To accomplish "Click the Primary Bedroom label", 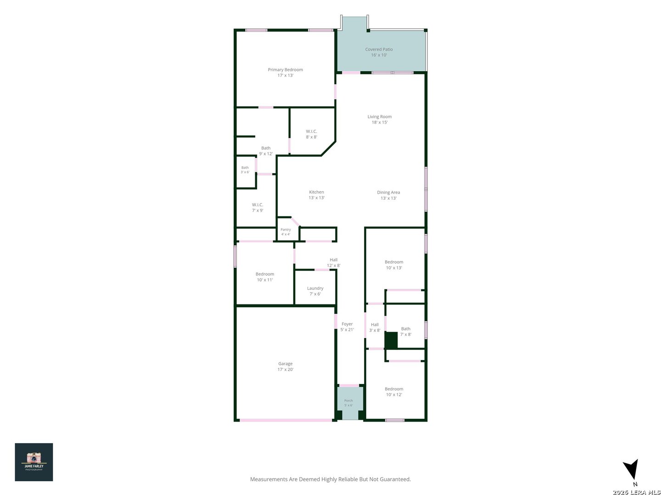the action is [285, 72].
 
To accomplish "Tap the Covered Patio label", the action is [379, 52].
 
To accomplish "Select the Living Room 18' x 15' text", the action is [380, 119].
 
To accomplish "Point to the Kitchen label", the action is [316, 195].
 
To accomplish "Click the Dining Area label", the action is [388, 195].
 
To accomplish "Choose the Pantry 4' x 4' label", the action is [286, 231].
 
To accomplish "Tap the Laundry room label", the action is [315, 291].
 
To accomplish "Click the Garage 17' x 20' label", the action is [285, 366].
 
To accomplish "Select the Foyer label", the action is [347, 327].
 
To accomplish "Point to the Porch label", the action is [348, 403].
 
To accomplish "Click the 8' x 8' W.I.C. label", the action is [311, 134].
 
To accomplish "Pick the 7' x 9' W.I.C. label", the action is [258, 208].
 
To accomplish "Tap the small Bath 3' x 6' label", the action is [245, 169].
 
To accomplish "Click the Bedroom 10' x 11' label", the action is [265, 277].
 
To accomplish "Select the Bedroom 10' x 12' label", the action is [394, 391].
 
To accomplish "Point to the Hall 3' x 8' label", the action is [375, 327].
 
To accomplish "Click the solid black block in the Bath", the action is [392, 340].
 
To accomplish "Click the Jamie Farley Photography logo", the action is [34, 462].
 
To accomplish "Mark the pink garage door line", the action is [286, 420].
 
